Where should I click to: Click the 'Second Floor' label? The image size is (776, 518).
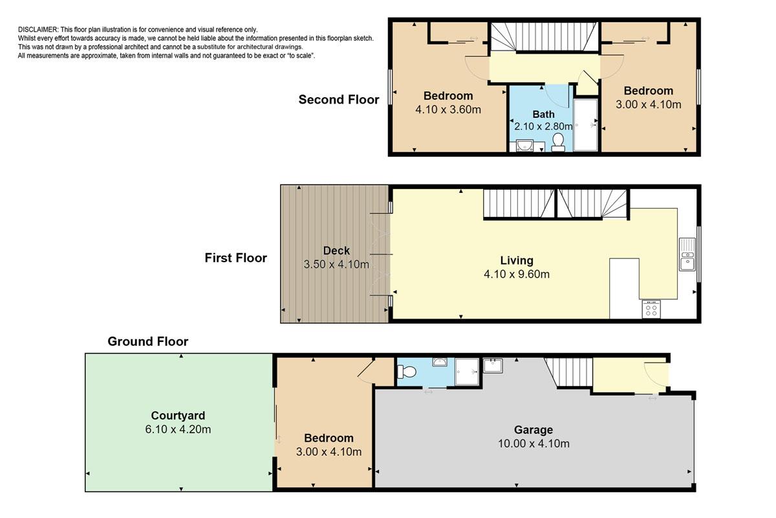(x=338, y=100)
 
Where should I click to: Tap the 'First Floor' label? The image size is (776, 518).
(x=235, y=258)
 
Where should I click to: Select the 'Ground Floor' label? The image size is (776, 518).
(x=148, y=341)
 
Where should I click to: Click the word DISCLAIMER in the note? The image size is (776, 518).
(x=38, y=30)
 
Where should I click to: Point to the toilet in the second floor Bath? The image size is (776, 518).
(x=557, y=142)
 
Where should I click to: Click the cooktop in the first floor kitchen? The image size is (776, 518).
(x=651, y=309)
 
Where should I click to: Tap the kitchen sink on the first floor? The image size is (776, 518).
(x=687, y=254)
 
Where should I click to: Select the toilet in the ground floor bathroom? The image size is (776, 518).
(x=406, y=372)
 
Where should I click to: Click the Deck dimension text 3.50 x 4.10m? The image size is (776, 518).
(x=336, y=264)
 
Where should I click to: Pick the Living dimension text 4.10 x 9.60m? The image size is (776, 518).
(x=517, y=274)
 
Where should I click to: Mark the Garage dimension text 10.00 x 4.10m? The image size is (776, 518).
(x=533, y=444)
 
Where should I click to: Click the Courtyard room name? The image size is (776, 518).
(x=178, y=415)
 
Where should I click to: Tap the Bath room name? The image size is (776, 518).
(x=543, y=114)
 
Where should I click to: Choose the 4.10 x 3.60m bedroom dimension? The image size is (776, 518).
(x=448, y=109)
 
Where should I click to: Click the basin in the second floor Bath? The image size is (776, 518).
(x=525, y=146)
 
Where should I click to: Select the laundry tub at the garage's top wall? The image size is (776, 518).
(x=493, y=366)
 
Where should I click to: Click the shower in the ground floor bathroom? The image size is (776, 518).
(x=467, y=372)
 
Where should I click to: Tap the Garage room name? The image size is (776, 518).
(x=533, y=430)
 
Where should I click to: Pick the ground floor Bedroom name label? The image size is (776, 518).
(x=329, y=438)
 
